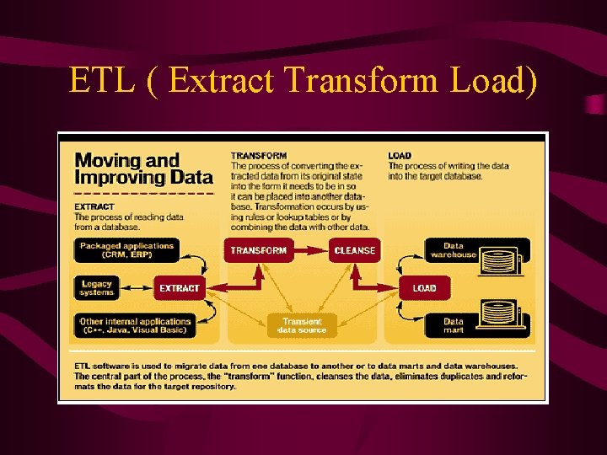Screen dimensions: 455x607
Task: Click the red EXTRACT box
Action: tap(180, 288)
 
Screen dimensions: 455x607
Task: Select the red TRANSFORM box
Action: tap(259, 250)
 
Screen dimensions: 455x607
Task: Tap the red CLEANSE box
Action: tap(355, 250)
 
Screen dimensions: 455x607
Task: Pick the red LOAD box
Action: tap(424, 288)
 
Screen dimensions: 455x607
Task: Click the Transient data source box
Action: tap(302, 326)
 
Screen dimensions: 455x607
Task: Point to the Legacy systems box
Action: tap(96, 288)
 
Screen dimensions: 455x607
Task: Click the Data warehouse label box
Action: tap(454, 250)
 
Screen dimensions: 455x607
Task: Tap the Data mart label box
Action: tap(454, 325)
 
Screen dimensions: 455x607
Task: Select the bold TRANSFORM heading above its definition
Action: tap(259, 156)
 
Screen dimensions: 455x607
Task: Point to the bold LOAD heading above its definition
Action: tap(400, 156)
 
